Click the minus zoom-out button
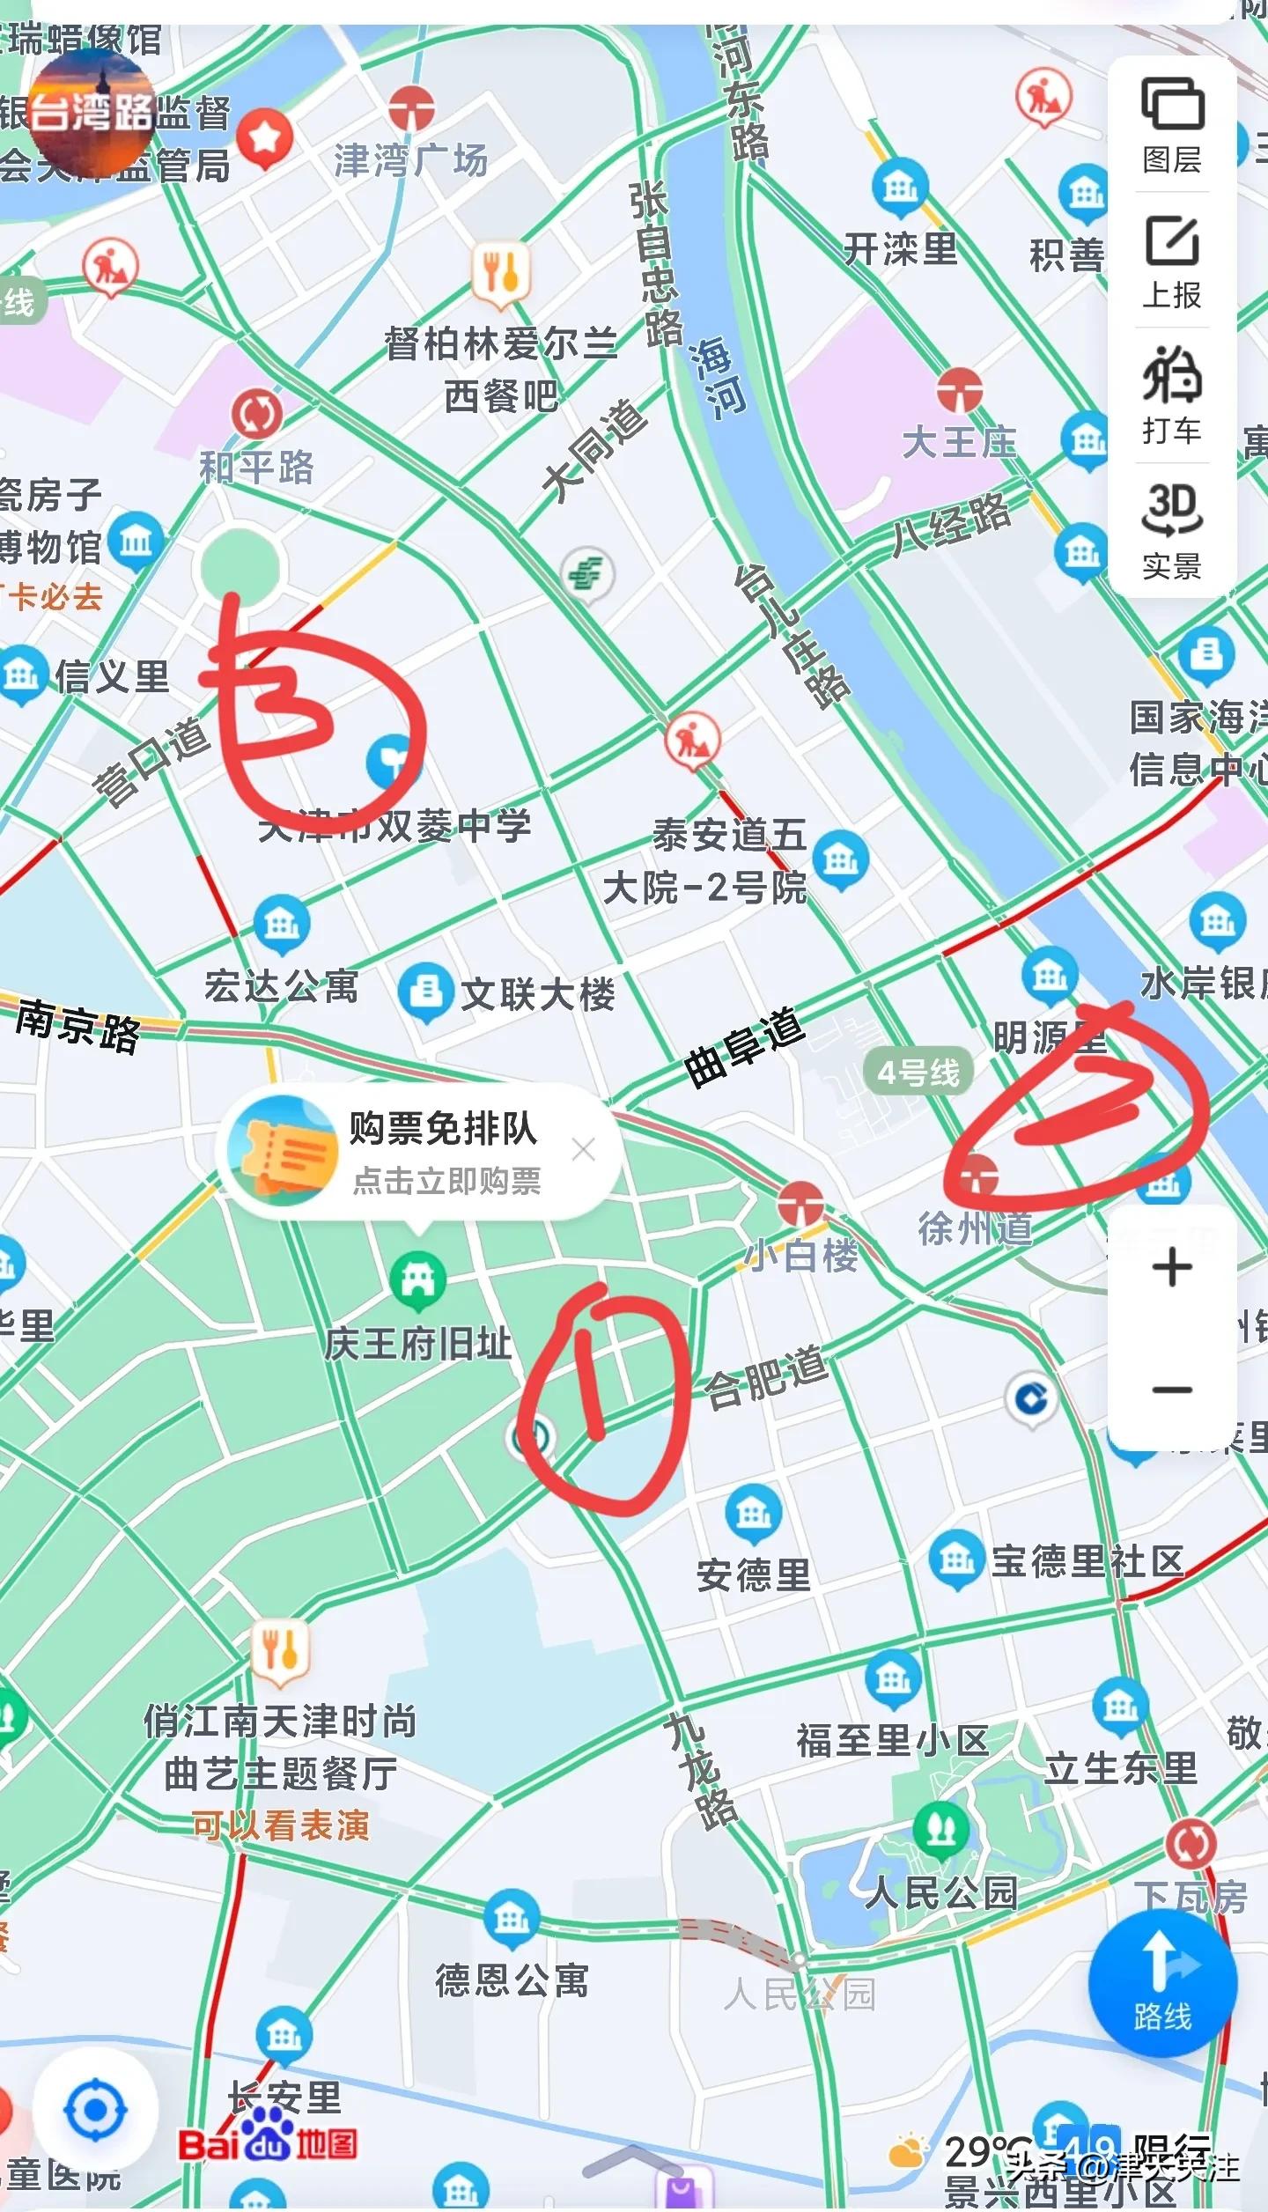click(1172, 1390)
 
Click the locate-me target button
click(95, 2111)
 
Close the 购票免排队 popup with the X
click(583, 1149)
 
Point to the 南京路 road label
click(77, 1025)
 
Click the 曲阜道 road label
click(745, 1048)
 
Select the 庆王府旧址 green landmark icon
click(417, 1279)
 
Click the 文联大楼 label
click(537, 995)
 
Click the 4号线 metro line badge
click(918, 1073)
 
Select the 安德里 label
click(753, 1575)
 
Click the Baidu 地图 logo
click(268, 2143)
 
